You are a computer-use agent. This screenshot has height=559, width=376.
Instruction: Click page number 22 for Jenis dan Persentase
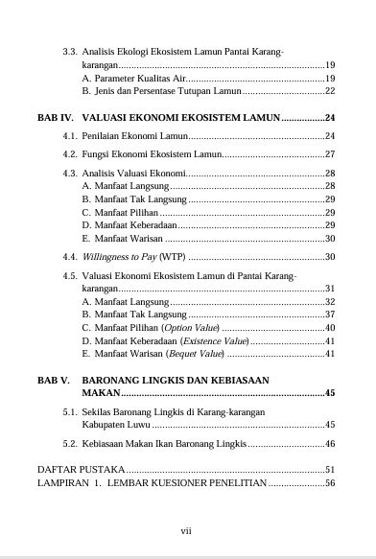[x=329, y=91]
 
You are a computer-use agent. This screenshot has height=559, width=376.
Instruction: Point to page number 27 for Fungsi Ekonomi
[x=329, y=153]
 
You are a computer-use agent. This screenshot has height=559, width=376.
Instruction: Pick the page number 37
[x=329, y=314]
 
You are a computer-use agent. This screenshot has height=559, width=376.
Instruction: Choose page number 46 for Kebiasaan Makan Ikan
[x=329, y=444]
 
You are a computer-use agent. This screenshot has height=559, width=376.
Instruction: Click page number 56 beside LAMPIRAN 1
[x=329, y=483]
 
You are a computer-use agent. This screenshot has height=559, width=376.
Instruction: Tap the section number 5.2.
[x=70, y=444]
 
